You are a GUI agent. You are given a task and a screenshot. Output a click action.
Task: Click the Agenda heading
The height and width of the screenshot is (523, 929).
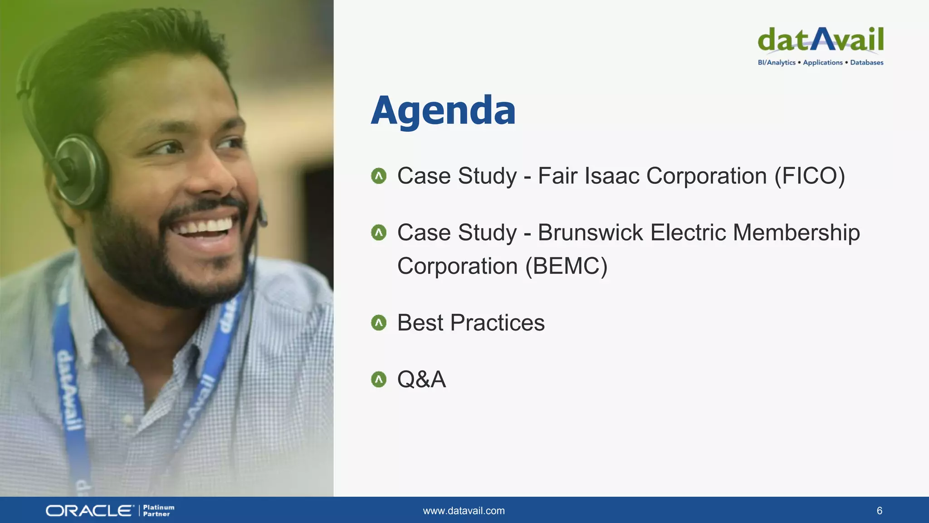coord(443,110)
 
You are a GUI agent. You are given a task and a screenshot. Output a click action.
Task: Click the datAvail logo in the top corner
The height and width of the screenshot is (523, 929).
coord(821,40)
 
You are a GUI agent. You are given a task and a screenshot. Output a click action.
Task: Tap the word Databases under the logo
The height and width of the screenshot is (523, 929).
coord(866,63)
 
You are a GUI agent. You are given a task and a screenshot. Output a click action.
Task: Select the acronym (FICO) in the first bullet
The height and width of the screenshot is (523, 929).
coord(810,176)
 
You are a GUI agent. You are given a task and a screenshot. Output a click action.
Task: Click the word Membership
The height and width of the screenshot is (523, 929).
coord(796,233)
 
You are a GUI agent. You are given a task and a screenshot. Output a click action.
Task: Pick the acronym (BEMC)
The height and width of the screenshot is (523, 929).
coord(566,266)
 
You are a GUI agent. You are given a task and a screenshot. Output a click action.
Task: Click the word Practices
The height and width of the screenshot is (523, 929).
coord(498,323)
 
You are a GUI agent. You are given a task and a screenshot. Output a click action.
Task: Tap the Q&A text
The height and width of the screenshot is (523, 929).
coord(421,380)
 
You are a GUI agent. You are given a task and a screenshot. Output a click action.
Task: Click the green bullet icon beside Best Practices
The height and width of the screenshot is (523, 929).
coord(378,323)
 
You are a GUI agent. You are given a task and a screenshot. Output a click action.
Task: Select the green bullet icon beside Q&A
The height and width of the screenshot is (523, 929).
coord(378,380)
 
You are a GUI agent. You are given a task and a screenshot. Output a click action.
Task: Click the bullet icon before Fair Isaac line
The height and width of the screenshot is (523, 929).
coord(378,176)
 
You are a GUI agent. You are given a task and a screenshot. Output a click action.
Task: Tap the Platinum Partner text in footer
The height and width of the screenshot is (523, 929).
coord(158,511)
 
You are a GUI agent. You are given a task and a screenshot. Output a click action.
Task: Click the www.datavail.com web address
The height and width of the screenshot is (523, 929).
coord(464,511)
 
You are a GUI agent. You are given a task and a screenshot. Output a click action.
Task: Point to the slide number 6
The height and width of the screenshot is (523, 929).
coord(879,511)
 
